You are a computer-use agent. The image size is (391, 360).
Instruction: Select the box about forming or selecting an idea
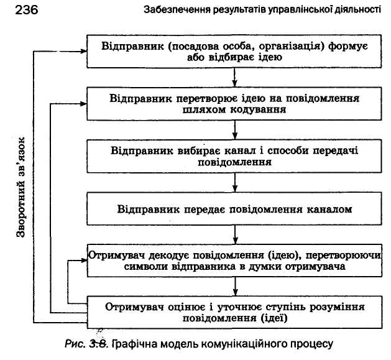point(235,52)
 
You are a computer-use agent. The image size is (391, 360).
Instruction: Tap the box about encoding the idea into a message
point(235,104)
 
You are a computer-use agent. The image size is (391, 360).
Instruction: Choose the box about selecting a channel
point(235,157)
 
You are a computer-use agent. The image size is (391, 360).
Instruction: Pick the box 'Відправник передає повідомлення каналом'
point(235,209)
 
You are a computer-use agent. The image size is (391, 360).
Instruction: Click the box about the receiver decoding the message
point(235,261)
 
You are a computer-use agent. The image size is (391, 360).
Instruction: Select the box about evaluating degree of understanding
point(235,313)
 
